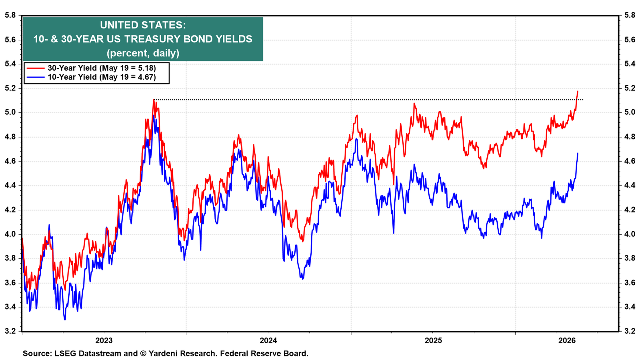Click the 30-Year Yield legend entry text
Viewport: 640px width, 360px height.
coord(102,68)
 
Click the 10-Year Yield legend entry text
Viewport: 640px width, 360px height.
coord(102,77)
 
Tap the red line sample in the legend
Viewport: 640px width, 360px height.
coord(36,68)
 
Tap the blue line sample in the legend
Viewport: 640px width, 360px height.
coord(36,77)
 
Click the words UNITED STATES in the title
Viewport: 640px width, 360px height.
coord(143,25)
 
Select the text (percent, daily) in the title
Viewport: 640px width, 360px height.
coord(143,53)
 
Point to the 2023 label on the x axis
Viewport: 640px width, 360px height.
coord(104,340)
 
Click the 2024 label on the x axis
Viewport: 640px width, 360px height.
coord(268,340)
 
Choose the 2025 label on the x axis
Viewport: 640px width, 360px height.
coord(433,340)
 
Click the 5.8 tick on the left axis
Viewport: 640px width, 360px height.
coord(10,15)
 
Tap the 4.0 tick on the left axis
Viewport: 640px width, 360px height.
coord(10,234)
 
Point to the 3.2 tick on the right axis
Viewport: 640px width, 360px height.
coord(630,332)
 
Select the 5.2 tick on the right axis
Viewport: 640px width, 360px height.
coord(630,88)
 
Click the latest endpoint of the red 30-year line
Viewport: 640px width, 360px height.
coord(578,91)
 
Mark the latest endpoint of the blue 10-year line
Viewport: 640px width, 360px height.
coord(578,154)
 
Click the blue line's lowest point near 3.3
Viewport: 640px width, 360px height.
coord(65,320)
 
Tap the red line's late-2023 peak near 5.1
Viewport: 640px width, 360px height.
coord(154,100)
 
